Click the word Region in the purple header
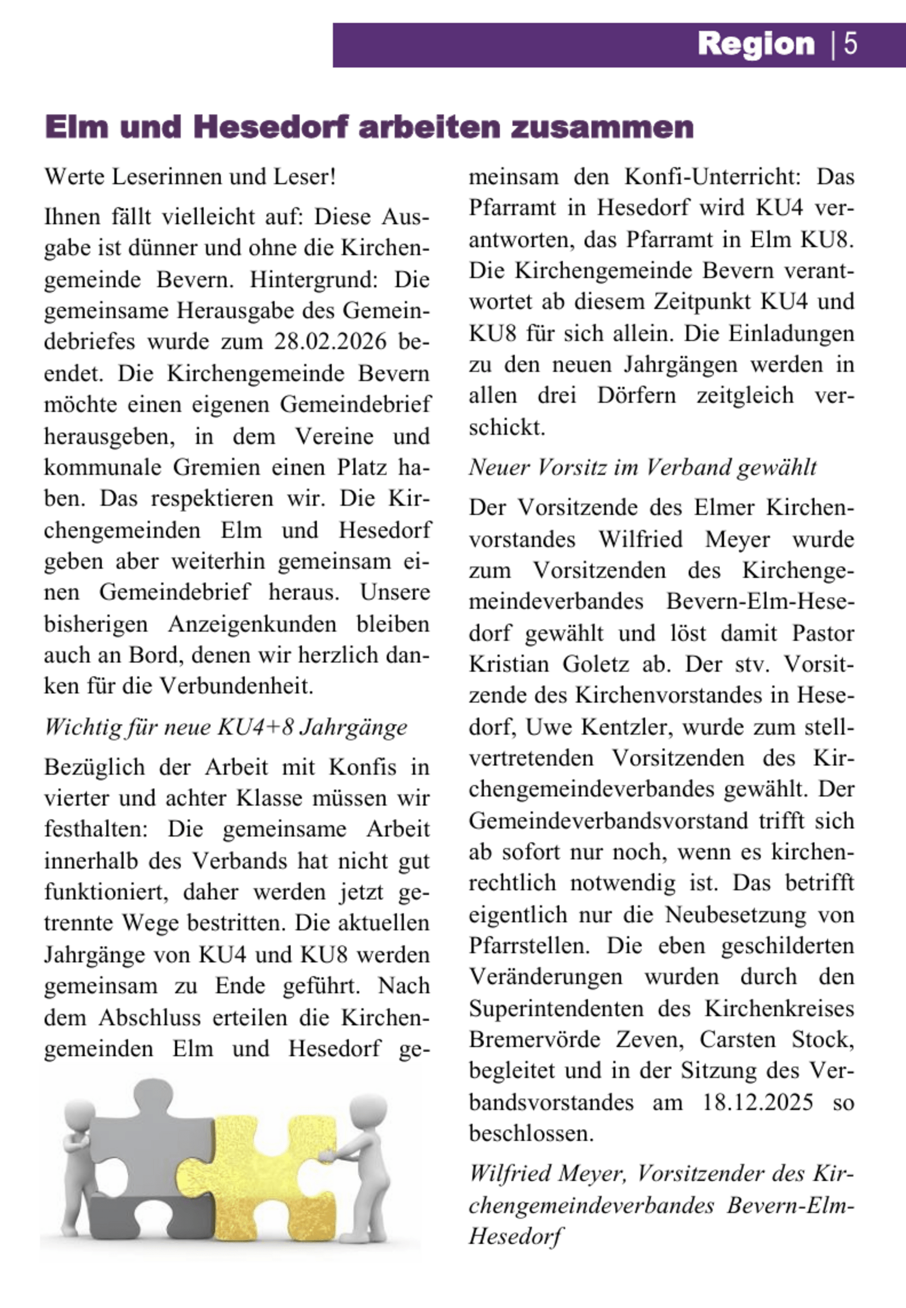[x=756, y=44]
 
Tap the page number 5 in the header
[x=850, y=44]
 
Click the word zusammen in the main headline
[x=602, y=127]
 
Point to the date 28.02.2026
[x=330, y=342]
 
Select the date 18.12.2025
[x=758, y=1102]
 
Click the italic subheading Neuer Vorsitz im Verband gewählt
[x=642, y=467]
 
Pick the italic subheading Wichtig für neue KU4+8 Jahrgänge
[x=226, y=727]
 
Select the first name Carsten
[x=737, y=1040]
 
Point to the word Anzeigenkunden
[x=252, y=624]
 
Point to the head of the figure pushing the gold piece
[x=368, y=1110]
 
